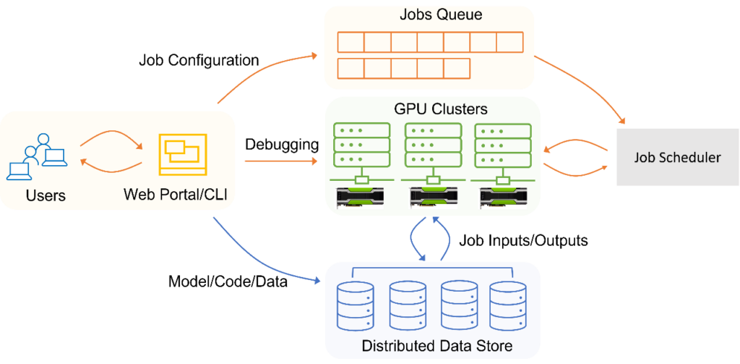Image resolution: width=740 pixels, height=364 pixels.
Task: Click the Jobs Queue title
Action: click(x=430, y=15)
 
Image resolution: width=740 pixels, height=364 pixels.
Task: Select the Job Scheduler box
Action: click(x=677, y=157)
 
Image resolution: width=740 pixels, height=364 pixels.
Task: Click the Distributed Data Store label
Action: click(x=436, y=345)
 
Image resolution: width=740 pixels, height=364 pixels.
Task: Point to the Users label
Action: click(x=46, y=195)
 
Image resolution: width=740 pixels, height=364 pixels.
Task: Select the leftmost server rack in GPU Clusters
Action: click(x=360, y=145)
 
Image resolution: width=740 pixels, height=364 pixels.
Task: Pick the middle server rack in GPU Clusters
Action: click(x=432, y=145)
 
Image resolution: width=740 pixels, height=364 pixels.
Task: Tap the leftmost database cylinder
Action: click(x=355, y=305)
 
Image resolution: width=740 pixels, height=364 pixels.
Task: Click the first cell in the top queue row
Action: click(x=350, y=42)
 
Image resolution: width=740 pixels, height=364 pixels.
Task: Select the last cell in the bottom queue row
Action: click(x=457, y=69)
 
